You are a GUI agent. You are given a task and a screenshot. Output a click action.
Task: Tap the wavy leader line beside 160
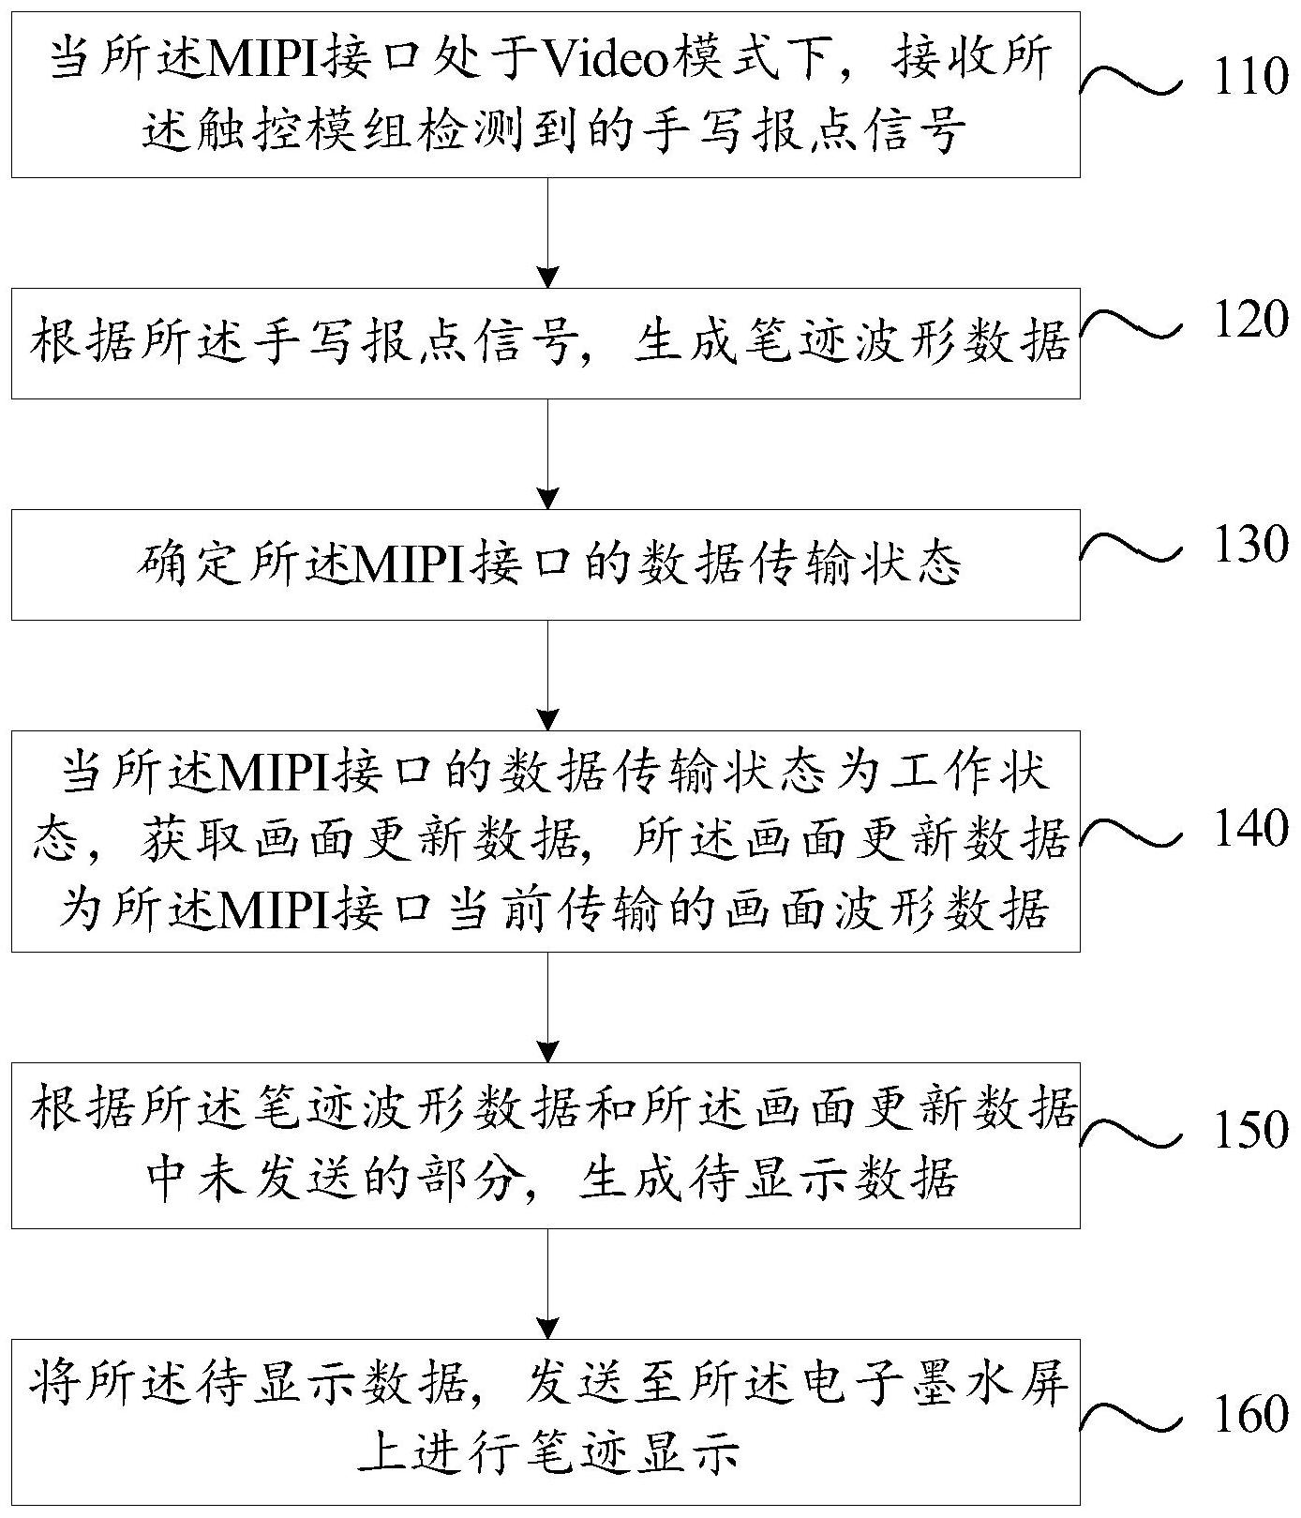(x=1131, y=1416)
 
